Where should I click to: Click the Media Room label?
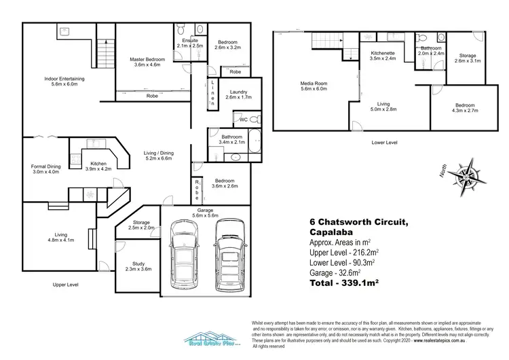(314, 86)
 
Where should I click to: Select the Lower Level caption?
(385, 143)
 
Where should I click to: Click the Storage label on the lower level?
(468, 57)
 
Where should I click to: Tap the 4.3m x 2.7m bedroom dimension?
(465, 110)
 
